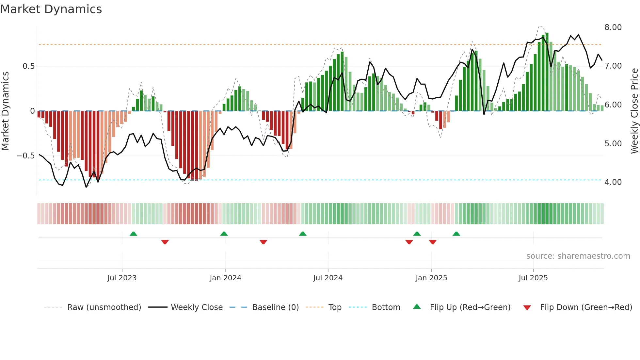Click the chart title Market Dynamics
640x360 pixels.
click(51, 9)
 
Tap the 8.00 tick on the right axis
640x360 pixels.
click(613, 27)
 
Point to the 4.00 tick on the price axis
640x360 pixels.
click(613, 182)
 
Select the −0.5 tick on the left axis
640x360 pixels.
click(26, 156)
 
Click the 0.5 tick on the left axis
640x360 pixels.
click(28, 66)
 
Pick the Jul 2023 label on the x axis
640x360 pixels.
click(122, 278)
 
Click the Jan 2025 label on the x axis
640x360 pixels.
click(431, 278)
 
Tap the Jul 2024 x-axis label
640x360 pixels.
click(328, 278)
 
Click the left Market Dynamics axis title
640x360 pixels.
click(5, 111)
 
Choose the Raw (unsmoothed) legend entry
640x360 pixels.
click(104, 307)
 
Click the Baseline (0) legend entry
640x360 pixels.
click(275, 307)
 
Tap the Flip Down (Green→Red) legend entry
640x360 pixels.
click(586, 307)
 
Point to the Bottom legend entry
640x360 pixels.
click(386, 307)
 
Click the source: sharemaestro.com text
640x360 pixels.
click(578, 256)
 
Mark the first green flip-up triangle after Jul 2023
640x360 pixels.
click(133, 234)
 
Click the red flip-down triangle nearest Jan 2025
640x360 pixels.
click(433, 242)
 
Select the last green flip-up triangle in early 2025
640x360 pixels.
click(456, 234)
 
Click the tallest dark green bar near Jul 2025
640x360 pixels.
click(547, 72)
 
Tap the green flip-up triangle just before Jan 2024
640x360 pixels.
click(224, 234)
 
